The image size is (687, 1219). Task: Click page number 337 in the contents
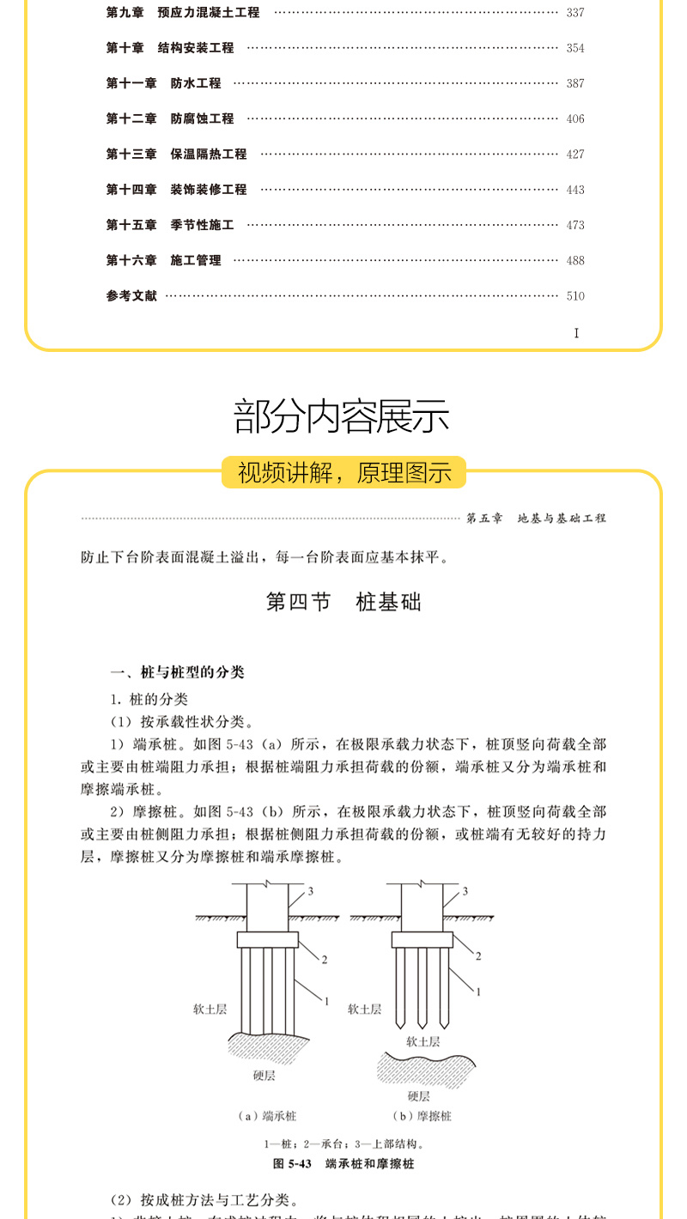point(575,13)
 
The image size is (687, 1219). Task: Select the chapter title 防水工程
point(196,83)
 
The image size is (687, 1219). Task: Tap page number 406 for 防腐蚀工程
point(575,119)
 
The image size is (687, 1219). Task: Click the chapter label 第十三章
point(131,155)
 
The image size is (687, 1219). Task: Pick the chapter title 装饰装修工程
point(209,190)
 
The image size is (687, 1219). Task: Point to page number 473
point(575,226)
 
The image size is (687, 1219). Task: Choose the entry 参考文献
point(131,296)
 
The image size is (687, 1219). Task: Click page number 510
point(575,296)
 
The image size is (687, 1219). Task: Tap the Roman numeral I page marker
point(576,333)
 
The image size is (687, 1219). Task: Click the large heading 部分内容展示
point(343,416)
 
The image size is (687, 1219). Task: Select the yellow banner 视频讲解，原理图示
point(343,472)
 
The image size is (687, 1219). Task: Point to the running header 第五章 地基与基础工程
point(536,519)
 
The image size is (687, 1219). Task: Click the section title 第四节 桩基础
point(343,602)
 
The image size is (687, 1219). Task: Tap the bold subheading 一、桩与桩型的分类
point(177,672)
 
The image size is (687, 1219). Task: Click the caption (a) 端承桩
point(266,1116)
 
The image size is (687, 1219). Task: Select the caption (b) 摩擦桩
point(422,1116)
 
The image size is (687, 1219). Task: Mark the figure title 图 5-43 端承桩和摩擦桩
point(343,1164)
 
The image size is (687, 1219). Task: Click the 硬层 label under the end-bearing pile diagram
point(264,1075)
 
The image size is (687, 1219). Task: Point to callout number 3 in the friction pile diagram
point(465,891)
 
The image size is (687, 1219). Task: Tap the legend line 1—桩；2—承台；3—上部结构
point(343,1143)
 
